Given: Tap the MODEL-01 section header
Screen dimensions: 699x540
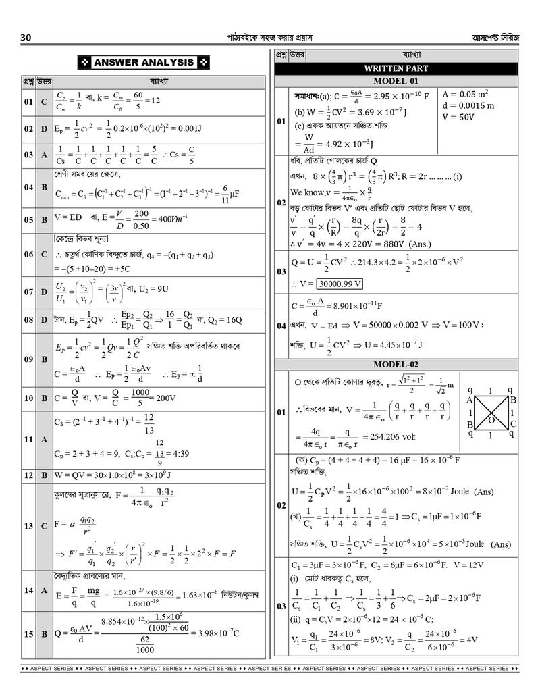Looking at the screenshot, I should point(396,81).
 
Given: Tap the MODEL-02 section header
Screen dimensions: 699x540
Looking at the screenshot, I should point(396,365).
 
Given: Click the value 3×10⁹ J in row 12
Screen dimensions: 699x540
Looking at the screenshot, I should point(151,475).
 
